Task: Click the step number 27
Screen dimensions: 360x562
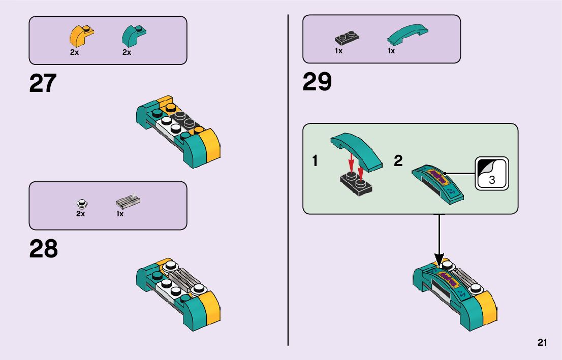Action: (43, 84)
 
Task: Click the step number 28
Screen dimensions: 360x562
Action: (43, 249)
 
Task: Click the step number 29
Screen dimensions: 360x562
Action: (317, 82)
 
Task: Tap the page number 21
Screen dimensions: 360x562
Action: (542, 343)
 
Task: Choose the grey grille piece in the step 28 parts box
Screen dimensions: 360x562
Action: (128, 202)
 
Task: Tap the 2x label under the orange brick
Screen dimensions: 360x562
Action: (75, 52)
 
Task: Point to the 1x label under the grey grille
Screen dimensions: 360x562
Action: (120, 214)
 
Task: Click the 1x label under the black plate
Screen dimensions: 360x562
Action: (338, 51)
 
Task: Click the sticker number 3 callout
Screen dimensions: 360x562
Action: (491, 174)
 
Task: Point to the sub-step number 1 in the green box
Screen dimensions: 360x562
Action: (316, 161)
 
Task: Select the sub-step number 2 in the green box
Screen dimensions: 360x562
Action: (398, 161)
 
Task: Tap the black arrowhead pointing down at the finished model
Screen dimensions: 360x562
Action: (439, 260)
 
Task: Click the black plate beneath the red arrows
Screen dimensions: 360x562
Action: (355, 184)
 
